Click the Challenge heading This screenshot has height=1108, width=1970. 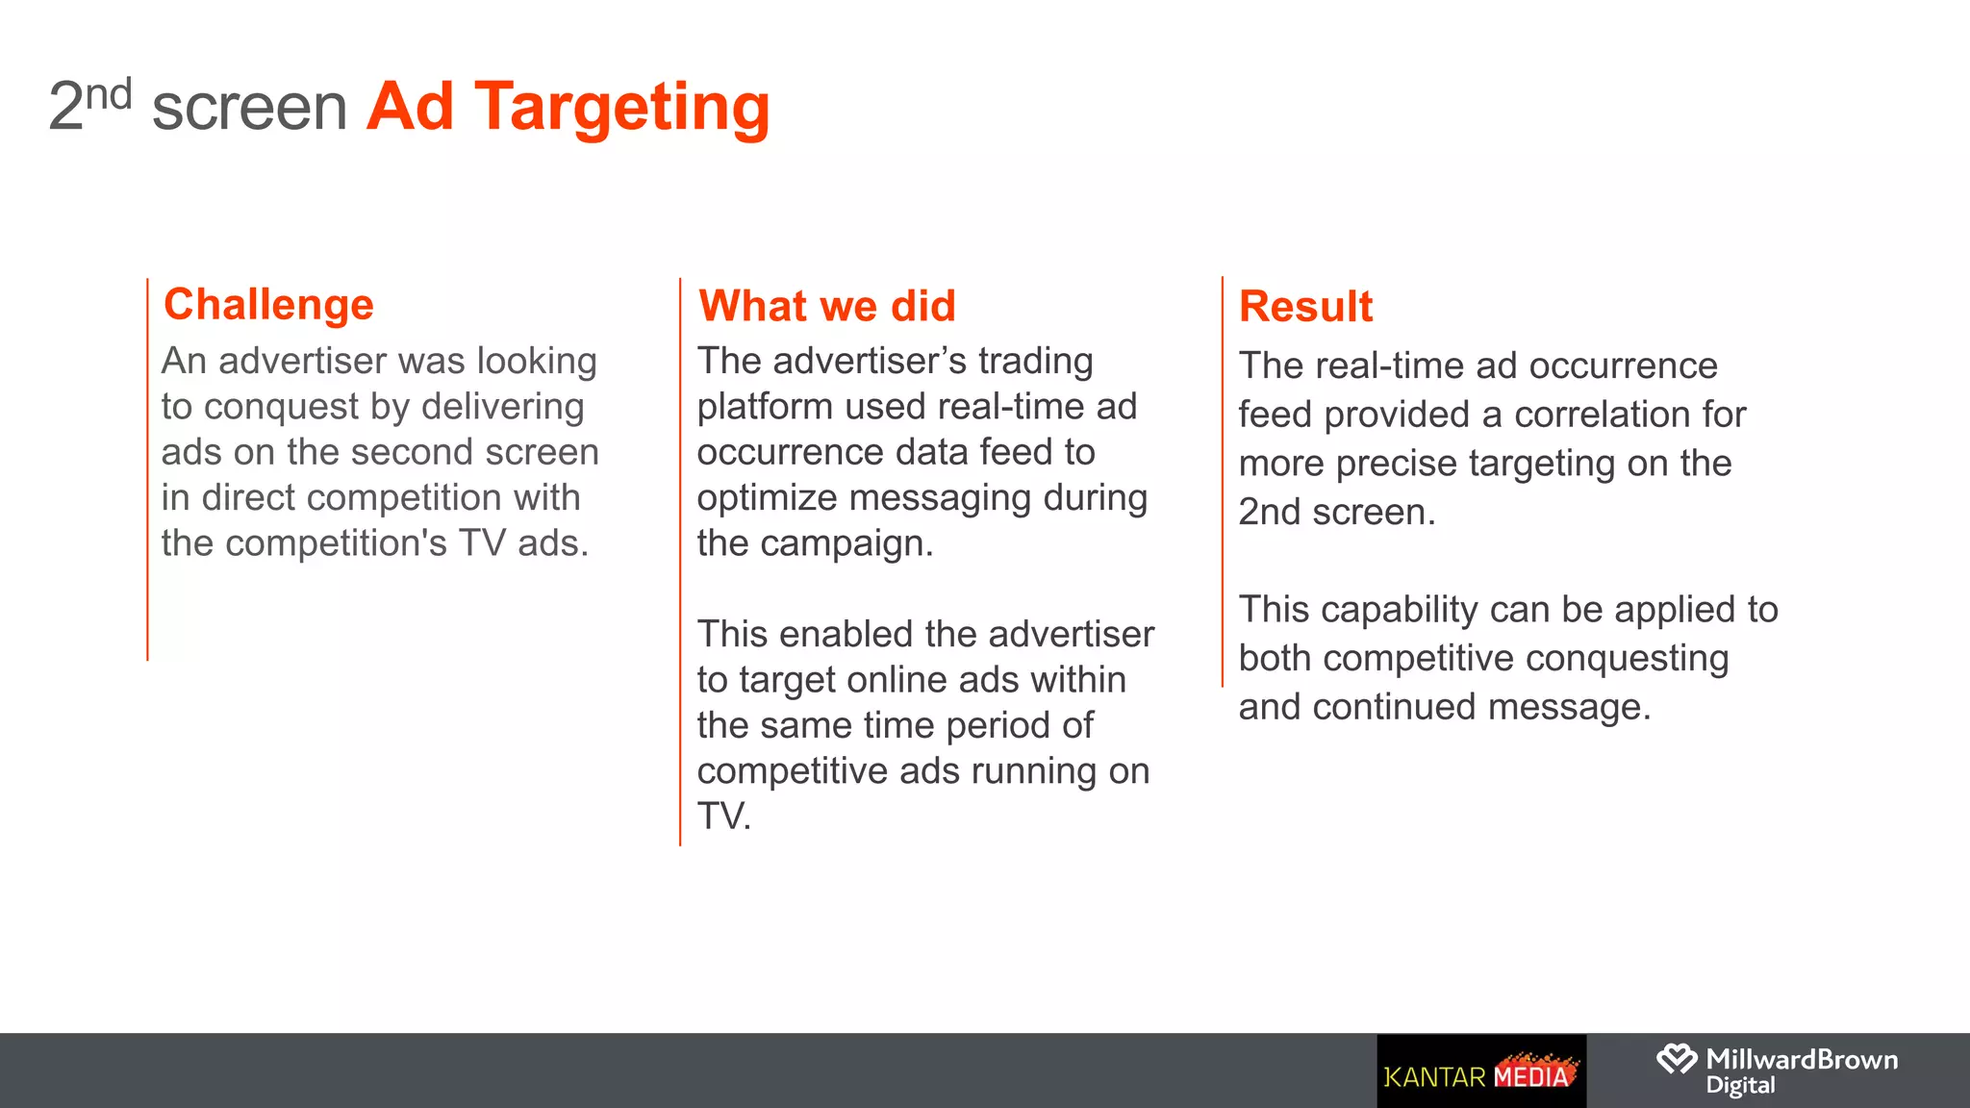click(268, 305)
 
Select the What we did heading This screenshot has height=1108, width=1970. click(827, 306)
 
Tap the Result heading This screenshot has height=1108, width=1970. click(1305, 307)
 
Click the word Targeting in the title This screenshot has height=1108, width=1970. click(622, 108)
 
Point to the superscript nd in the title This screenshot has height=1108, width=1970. click(108, 94)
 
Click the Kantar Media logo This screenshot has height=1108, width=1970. click(1480, 1071)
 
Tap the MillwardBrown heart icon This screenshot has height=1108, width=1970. click(1677, 1059)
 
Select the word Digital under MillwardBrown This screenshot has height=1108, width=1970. click(1740, 1086)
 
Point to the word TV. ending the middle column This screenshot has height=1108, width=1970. click(723, 817)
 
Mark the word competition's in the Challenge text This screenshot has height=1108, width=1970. click(337, 543)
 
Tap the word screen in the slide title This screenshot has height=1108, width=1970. click(249, 108)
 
